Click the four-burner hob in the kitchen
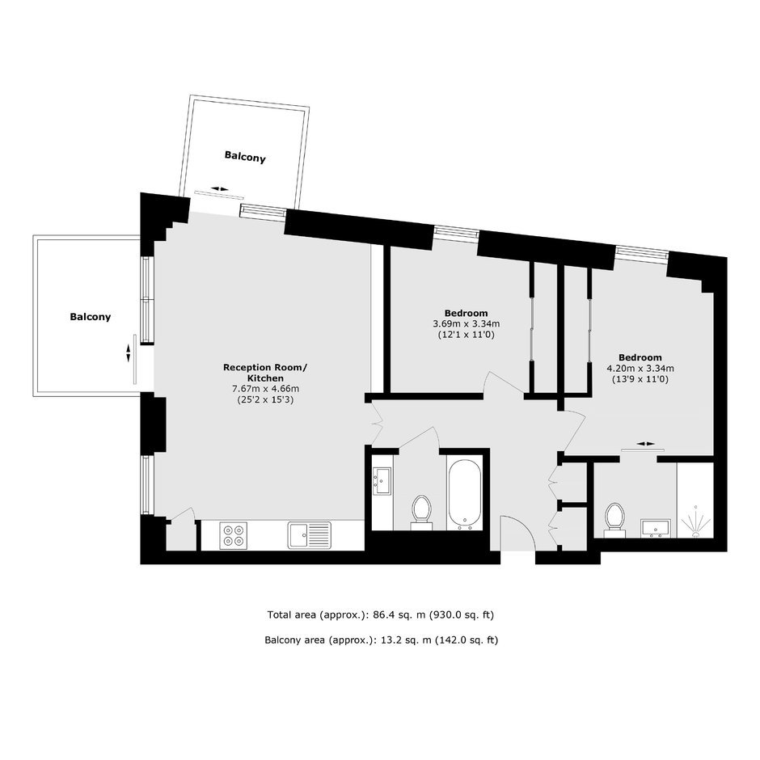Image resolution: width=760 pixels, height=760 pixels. (x=233, y=535)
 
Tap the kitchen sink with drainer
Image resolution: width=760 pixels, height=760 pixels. (x=309, y=534)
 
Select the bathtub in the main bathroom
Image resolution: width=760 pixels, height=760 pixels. (x=465, y=493)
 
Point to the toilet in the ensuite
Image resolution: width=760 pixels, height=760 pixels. (x=614, y=520)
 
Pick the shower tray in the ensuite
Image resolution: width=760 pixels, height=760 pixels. (x=695, y=500)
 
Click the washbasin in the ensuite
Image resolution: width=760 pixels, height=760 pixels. (x=656, y=528)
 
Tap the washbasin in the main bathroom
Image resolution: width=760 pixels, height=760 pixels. (x=382, y=481)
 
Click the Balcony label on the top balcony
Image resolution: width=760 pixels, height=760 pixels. (x=245, y=157)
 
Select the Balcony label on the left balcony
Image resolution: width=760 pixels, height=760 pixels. (x=91, y=317)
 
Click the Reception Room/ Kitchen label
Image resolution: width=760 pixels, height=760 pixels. (x=264, y=373)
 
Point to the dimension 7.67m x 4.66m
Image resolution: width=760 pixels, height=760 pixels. (x=266, y=389)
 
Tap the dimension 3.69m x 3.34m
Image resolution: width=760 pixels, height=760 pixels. (x=466, y=323)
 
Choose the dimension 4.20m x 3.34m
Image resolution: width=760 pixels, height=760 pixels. (x=640, y=369)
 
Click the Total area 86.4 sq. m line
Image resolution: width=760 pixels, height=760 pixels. (x=381, y=615)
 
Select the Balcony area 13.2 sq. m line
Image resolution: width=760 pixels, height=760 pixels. (x=381, y=640)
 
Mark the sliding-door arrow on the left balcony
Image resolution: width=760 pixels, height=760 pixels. (x=129, y=353)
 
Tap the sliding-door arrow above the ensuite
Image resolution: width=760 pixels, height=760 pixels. (x=646, y=444)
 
